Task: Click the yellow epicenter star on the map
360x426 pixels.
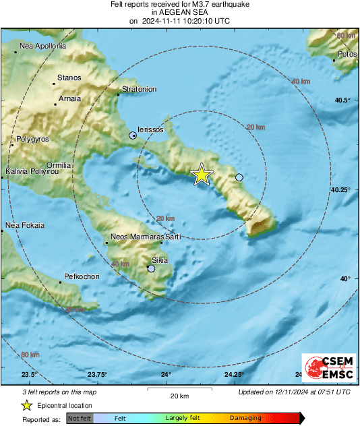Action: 202,175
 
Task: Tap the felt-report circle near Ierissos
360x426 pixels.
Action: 133,135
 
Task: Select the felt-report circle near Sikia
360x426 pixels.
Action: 152,268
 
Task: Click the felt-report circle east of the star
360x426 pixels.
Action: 239,177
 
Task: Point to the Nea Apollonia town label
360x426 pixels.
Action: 43,47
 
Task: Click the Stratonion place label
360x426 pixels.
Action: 139,89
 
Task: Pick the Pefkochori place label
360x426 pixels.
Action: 82,277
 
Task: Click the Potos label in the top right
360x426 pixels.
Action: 347,53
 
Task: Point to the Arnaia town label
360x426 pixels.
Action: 70,98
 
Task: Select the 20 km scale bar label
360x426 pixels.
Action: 179,395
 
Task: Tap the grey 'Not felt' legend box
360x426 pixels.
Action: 80,418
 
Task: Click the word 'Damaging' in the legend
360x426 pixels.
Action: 245,418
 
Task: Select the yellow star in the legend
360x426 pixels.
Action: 27,405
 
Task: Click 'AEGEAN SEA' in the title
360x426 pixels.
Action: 180,12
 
